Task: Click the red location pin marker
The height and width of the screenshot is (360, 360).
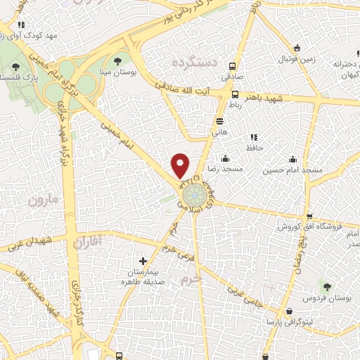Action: pos(181,165)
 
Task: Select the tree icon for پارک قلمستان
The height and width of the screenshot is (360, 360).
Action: pos(16,66)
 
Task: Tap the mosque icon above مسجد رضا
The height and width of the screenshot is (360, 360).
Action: pos(224,159)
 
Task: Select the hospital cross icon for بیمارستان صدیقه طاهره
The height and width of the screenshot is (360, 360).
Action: pos(143,261)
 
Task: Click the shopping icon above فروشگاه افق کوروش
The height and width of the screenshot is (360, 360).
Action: pos(309,216)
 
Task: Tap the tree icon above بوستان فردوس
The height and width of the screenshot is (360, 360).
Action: pos(326,285)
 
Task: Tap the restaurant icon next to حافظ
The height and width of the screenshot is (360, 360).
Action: pos(253,136)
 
